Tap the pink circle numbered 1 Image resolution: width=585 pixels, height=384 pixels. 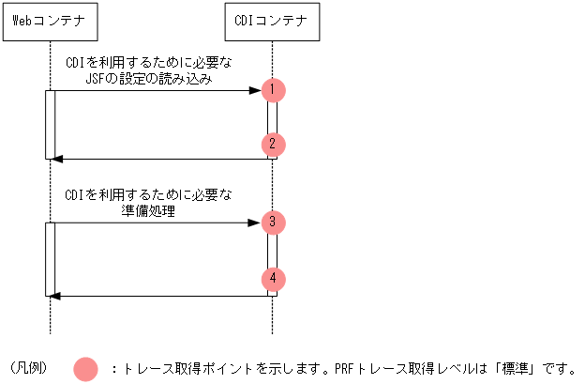[x=273, y=90]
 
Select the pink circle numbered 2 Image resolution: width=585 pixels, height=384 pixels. [x=273, y=145]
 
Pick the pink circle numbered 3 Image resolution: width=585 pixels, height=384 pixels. [x=273, y=223]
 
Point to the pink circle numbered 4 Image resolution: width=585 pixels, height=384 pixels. [x=273, y=279]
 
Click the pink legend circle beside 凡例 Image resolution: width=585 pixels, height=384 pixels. [x=85, y=368]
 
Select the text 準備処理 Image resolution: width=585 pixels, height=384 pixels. [x=150, y=212]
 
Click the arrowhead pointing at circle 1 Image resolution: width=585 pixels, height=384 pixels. [x=254, y=90]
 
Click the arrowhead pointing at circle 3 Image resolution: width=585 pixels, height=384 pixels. [x=254, y=223]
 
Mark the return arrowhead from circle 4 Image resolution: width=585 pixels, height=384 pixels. [x=55, y=296]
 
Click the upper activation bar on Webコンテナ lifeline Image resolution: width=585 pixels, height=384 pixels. [x=50, y=124]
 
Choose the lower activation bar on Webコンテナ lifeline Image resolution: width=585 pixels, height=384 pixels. [x=50, y=258]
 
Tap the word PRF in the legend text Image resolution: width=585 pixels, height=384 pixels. [x=344, y=368]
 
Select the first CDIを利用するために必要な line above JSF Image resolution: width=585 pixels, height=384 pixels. [x=149, y=63]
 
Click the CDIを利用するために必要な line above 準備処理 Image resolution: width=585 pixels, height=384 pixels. [x=149, y=195]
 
